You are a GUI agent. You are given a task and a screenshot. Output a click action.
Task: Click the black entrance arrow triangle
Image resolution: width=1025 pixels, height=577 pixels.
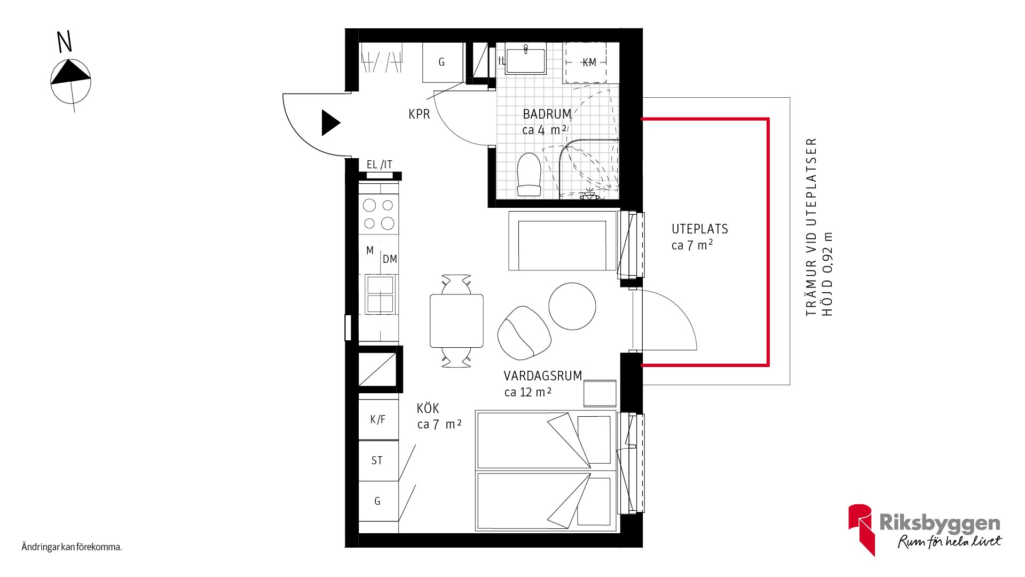coord(330,123)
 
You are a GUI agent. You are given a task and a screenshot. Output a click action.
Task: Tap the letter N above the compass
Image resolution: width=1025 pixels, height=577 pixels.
coord(65,42)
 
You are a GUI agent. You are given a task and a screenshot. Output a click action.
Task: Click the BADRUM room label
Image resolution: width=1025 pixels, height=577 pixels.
coord(547,114)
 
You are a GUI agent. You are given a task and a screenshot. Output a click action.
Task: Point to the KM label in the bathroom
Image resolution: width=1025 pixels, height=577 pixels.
coord(589,63)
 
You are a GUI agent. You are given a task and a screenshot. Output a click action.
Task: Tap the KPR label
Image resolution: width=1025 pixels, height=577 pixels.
coord(419,114)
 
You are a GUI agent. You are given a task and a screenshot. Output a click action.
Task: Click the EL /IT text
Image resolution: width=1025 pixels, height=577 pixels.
coord(380,165)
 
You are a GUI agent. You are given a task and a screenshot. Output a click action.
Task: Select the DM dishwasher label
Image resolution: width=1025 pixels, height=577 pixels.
coord(390,259)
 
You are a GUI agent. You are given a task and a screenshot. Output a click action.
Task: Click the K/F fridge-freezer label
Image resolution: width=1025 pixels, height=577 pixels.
coord(377,419)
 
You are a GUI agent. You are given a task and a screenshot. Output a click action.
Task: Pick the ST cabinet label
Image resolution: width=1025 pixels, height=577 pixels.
coord(377,461)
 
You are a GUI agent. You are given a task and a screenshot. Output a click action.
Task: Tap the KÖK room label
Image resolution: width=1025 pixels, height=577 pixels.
coord(428,409)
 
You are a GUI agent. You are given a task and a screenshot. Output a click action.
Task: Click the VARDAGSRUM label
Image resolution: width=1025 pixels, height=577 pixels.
coord(543,376)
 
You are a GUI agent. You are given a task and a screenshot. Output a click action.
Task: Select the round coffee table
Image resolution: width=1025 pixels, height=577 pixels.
coord(572,306)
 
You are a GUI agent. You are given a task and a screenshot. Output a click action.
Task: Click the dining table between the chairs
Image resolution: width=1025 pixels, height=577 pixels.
coord(457,321)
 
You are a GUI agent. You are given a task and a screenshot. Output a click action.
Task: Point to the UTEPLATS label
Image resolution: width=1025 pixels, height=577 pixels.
coord(700,229)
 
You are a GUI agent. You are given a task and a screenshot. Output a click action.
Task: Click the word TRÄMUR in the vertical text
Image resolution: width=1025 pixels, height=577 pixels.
coord(811,287)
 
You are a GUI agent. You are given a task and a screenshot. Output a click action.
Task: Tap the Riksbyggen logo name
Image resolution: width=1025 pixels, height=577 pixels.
coord(940,523)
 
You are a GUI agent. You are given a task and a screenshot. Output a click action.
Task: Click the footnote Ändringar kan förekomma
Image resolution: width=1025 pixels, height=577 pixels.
coord(72,547)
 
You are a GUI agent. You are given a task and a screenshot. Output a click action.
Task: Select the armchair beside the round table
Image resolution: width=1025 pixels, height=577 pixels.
coord(524,333)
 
